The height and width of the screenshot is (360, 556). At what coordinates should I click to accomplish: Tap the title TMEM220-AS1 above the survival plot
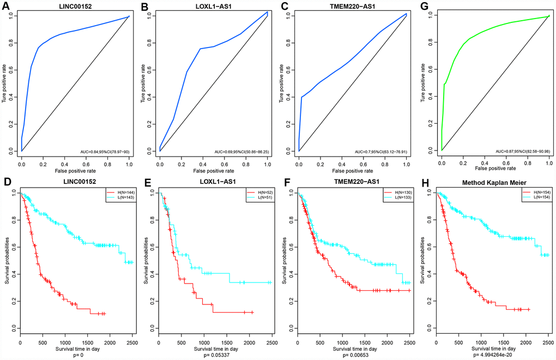tap(353, 184)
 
